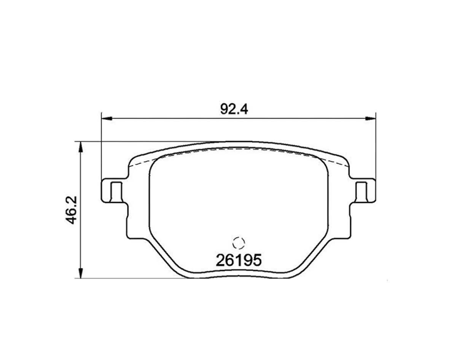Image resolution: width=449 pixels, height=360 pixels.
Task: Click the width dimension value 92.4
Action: [234, 109]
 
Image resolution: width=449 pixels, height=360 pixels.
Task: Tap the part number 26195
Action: [239, 260]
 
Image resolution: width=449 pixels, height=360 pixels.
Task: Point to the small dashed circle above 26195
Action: [239, 244]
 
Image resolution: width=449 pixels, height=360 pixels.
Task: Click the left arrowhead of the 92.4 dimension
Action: [106, 119]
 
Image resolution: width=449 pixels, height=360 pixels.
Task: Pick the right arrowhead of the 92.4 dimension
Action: [371, 119]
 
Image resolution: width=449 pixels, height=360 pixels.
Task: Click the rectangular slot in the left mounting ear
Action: [116, 191]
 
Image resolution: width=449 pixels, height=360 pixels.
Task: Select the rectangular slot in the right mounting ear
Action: [361, 191]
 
